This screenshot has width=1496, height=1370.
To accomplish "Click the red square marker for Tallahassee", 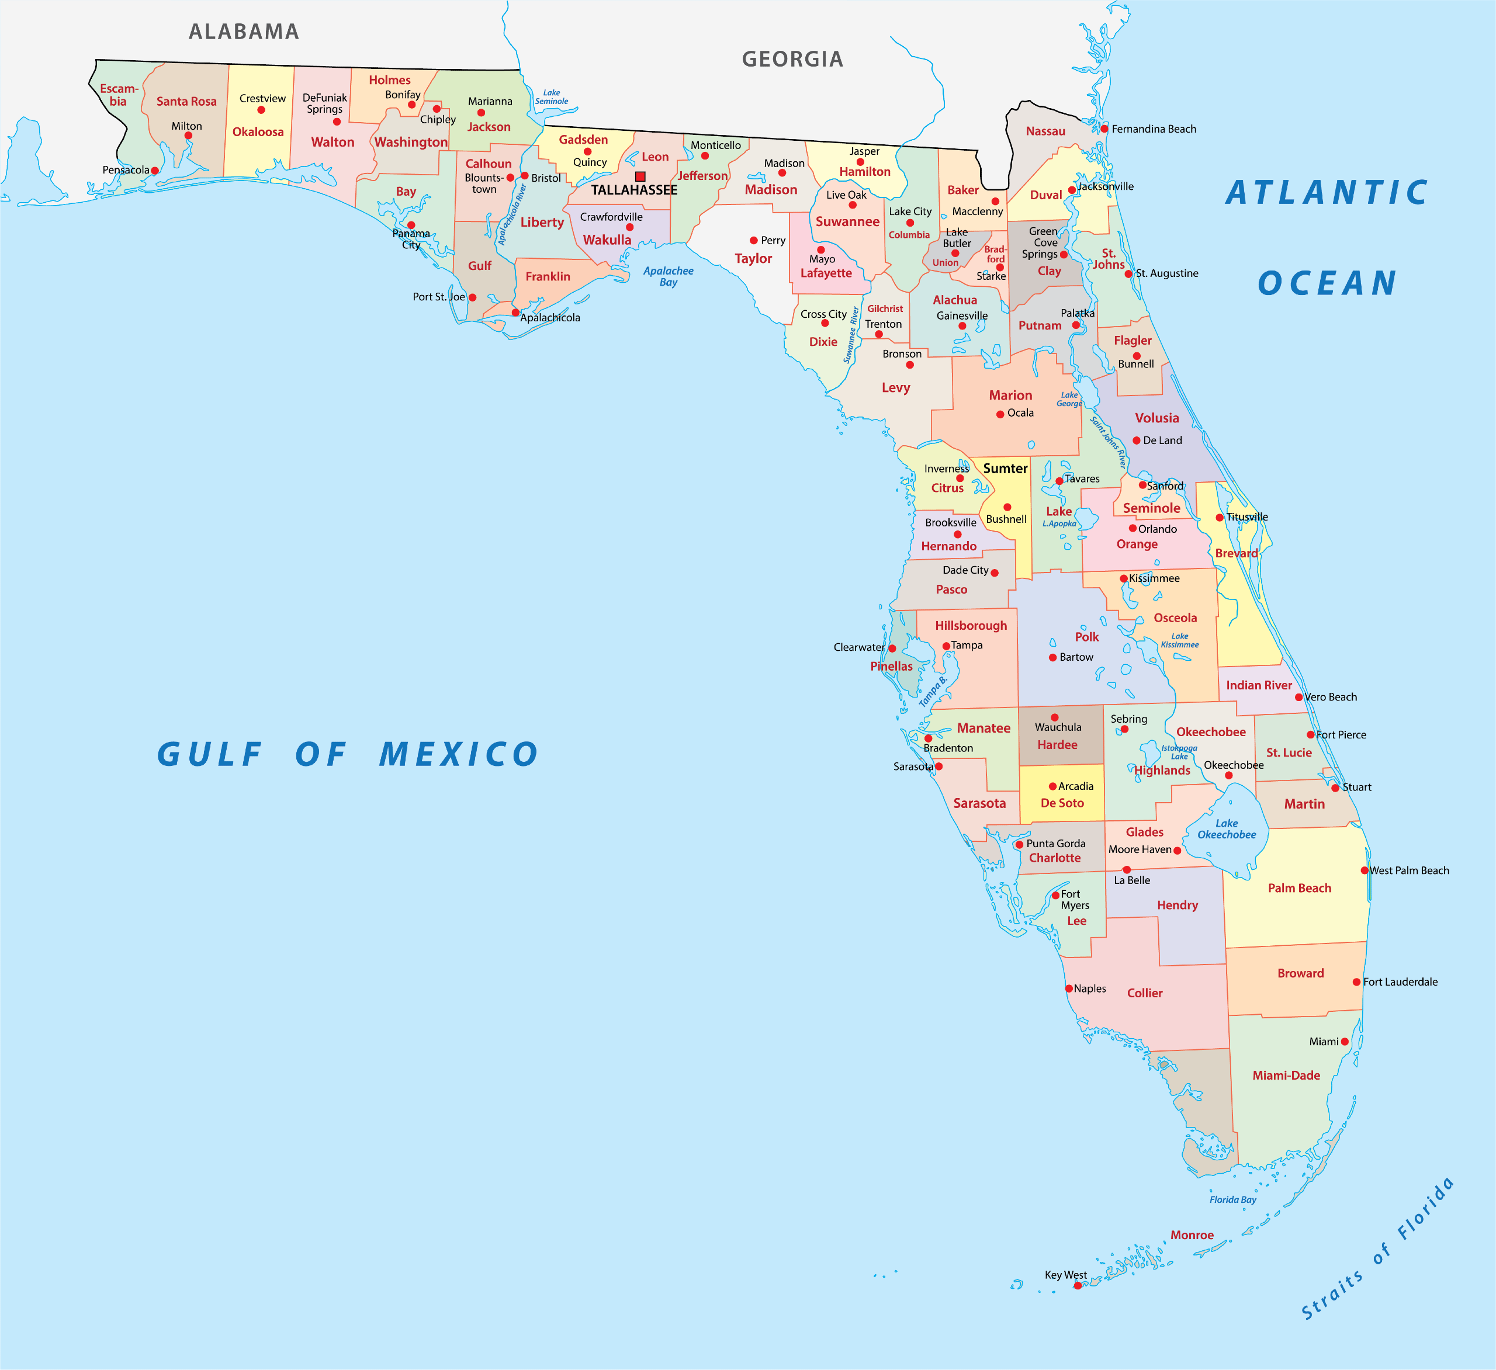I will pyautogui.click(x=640, y=176).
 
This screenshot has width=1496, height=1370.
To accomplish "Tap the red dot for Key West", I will pyautogui.click(x=1078, y=1285).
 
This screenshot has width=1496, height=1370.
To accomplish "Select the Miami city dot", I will pyautogui.click(x=1345, y=1042).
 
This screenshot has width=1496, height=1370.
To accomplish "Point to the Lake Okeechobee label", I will pyautogui.click(x=1227, y=829).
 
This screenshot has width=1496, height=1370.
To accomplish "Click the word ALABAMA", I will pyautogui.click(x=244, y=32).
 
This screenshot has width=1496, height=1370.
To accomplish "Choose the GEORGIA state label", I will pyautogui.click(x=792, y=60).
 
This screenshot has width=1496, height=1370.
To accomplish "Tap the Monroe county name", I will pyautogui.click(x=1192, y=1235).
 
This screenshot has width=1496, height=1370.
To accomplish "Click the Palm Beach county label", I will pyautogui.click(x=1299, y=888).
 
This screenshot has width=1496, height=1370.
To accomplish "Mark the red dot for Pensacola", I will pyautogui.click(x=154, y=171).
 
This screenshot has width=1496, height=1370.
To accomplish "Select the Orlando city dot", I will pyautogui.click(x=1133, y=529).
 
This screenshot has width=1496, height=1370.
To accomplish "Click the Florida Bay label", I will pyautogui.click(x=1232, y=1199).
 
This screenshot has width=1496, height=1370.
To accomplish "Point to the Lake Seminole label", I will pyautogui.click(x=551, y=97).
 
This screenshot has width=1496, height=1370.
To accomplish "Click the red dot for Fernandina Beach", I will pyautogui.click(x=1104, y=129).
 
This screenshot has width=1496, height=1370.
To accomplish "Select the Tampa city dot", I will pyautogui.click(x=946, y=646).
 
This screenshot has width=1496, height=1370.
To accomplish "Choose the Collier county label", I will pyautogui.click(x=1144, y=993).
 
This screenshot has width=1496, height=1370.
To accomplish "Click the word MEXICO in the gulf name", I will pyautogui.click(x=459, y=754).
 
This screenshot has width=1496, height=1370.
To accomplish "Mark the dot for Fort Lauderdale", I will pyautogui.click(x=1356, y=982).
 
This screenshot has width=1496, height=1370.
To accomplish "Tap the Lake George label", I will pyautogui.click(x=1069, y=399).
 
